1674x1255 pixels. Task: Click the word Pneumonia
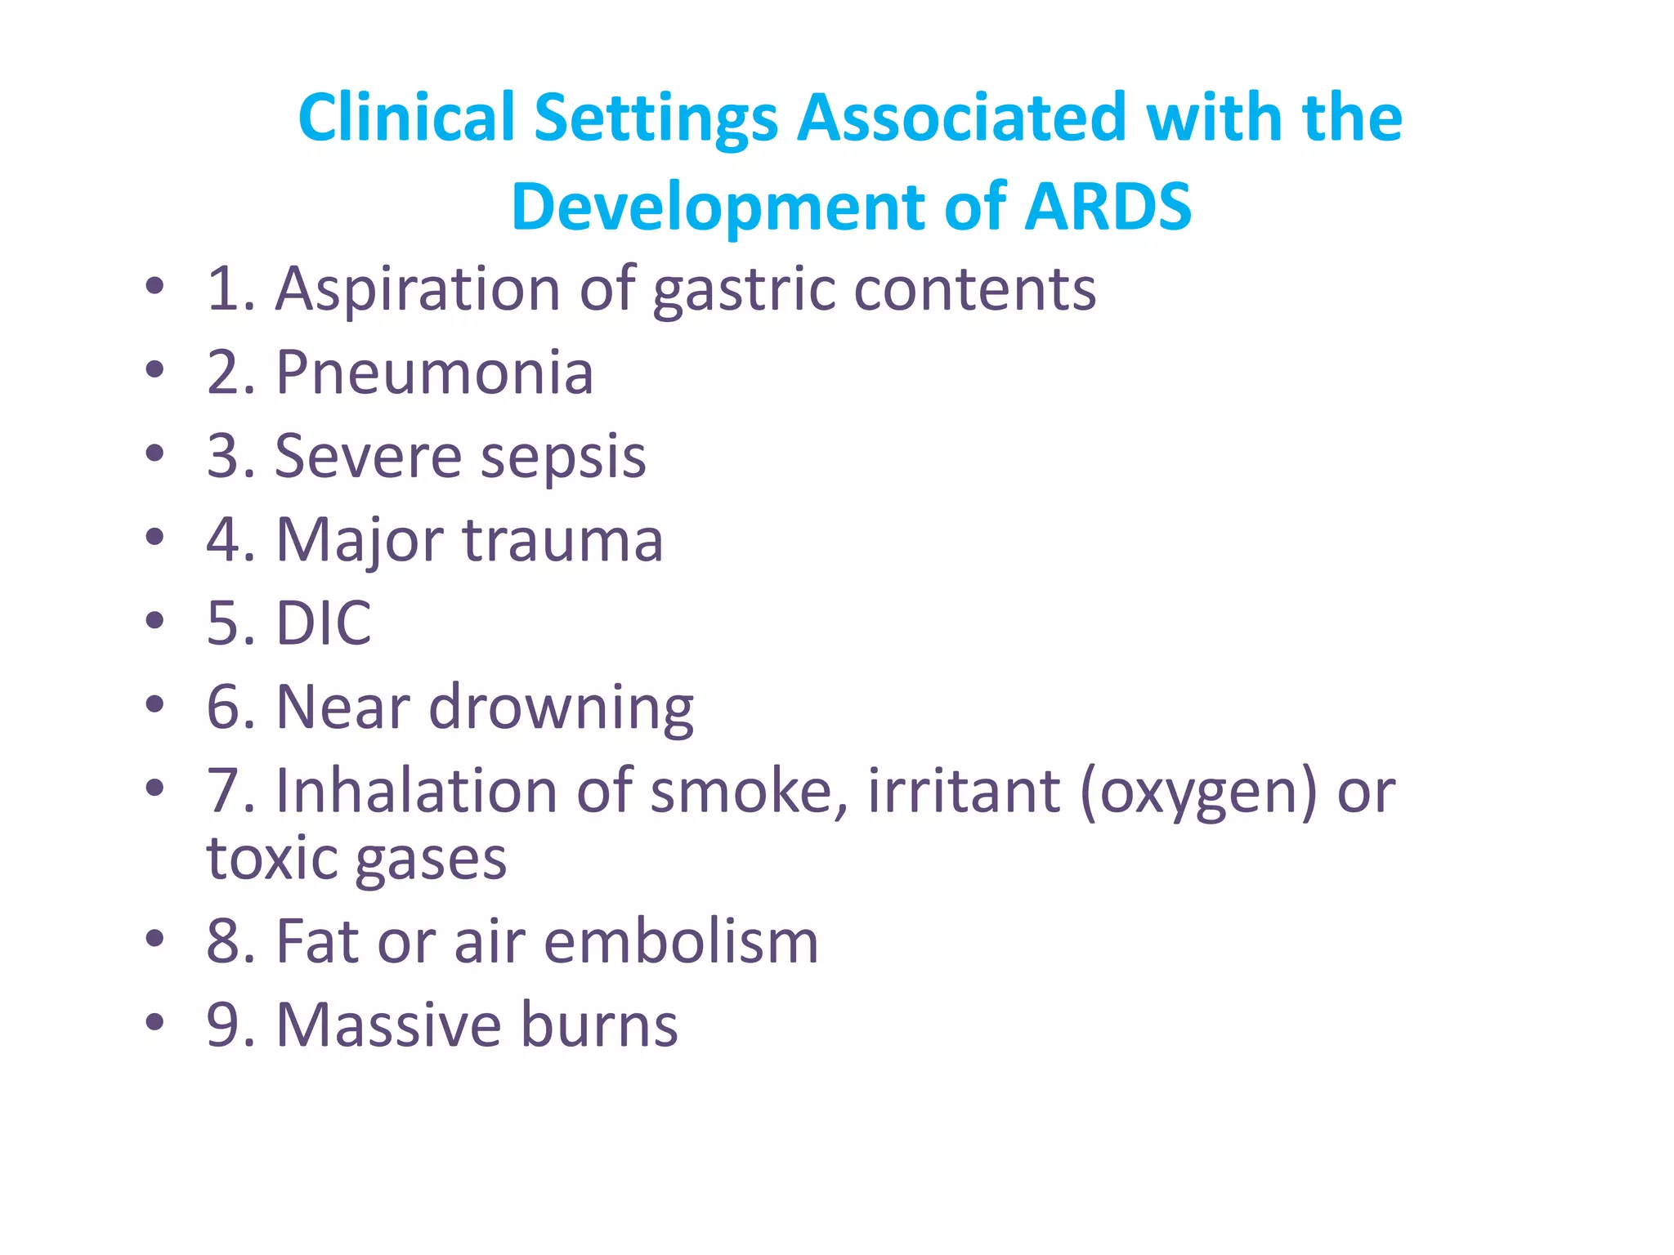[x=435, y=373]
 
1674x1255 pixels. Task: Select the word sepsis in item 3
[x=563, y=458]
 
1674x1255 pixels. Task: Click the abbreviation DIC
[x=324, y=623]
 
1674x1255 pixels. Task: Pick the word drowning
[x=562, y=708]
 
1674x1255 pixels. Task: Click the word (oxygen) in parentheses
[x=1198, y=792]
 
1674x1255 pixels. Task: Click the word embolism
[x=681, y=942]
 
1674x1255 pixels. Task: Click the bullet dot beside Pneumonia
[x=154, y=370]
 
